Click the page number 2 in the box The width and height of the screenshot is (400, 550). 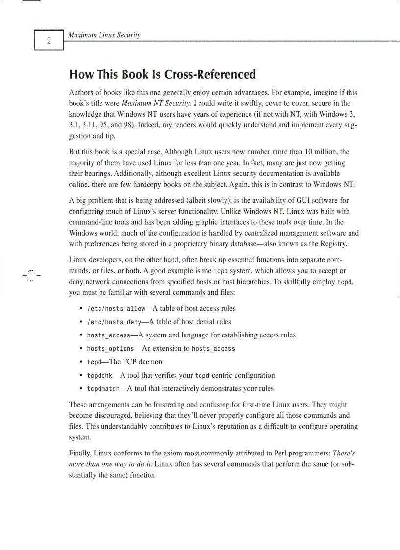49,41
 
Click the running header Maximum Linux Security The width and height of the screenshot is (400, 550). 104,35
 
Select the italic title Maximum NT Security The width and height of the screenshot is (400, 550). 154,103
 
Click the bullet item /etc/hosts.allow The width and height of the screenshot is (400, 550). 116,309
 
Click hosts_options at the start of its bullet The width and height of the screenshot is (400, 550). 110,349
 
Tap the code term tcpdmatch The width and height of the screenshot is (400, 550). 103,389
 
